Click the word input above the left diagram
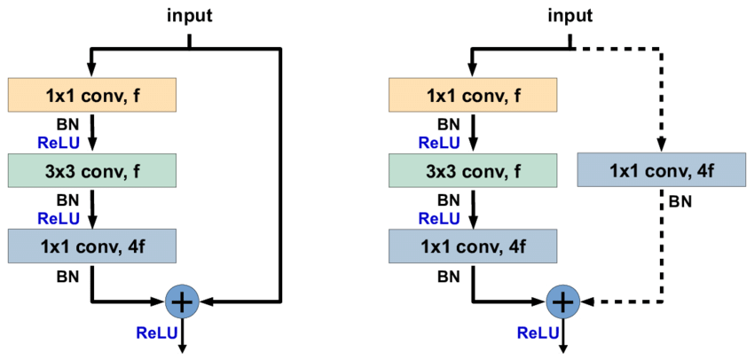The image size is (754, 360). (x=188, y=15)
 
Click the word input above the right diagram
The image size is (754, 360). (x=569, y=15)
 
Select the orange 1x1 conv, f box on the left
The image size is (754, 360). (x=92, y=95)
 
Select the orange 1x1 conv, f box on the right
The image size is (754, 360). (x=474, y=95)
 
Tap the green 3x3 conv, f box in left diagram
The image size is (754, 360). (x=92, y=169)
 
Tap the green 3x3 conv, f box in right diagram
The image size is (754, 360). (x=474, y=169)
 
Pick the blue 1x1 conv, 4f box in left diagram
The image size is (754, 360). (x=92, y=244)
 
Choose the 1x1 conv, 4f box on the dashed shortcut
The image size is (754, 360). (x=660, y=168)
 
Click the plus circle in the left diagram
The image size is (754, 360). (x=182, y=302)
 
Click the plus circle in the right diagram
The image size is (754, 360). (x=561, y=302)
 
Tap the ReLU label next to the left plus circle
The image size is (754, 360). (x=156, y=333)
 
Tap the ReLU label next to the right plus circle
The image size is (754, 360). (x=537, y=333)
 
